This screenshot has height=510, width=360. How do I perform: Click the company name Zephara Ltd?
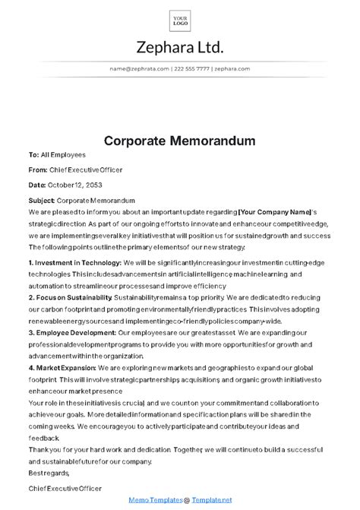tap(180, 48)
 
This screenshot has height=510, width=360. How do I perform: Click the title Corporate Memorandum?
tap(180, 141)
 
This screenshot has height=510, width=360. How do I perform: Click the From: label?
tap(37, 169)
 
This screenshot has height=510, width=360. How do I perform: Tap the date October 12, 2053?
tap(74, 185)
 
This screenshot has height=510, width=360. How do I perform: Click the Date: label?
tap(36, 185)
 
